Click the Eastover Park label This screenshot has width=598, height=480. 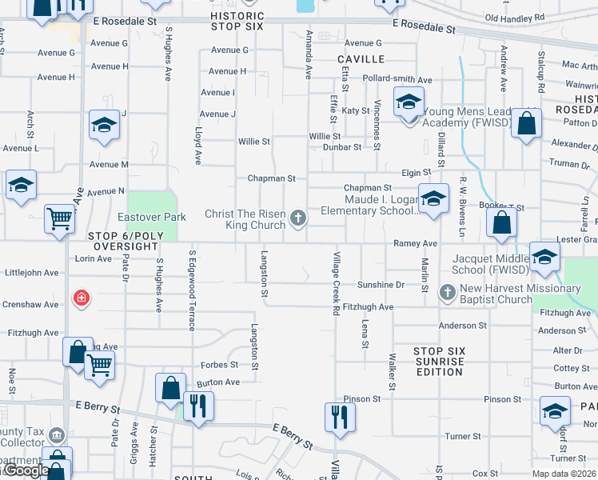[x=152, y=217]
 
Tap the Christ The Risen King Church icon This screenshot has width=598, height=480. [x=298, y=217]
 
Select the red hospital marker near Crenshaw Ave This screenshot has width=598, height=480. [x=81, y=298]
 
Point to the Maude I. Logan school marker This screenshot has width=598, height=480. [x=433, y=198]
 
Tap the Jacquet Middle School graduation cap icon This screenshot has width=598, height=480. [x=544, y=257]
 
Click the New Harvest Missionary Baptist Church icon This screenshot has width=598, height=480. [x=448, y=294]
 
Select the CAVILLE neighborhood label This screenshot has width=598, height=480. [x=361, y=59]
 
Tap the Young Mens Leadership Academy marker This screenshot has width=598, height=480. [x=409, y=102]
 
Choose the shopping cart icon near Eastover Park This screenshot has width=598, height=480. [x=59, y=217]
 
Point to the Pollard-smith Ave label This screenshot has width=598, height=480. [x=398, y=80]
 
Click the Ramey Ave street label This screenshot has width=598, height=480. [x=415, y=243]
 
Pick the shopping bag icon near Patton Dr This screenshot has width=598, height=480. [x=526, y=123]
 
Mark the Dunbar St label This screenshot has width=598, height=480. [x=341, y=147]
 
